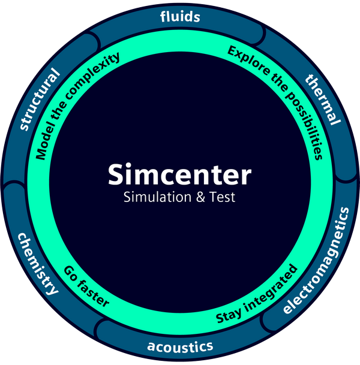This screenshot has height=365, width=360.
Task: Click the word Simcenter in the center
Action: coord(179,175)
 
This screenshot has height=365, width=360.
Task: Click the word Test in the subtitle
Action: coord(222,197)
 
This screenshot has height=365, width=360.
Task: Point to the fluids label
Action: coord(180,16)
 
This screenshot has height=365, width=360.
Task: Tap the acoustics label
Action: coord(180,346)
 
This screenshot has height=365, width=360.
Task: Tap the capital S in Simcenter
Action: coord(116,175)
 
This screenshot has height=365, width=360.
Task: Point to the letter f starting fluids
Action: coord(163,16)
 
